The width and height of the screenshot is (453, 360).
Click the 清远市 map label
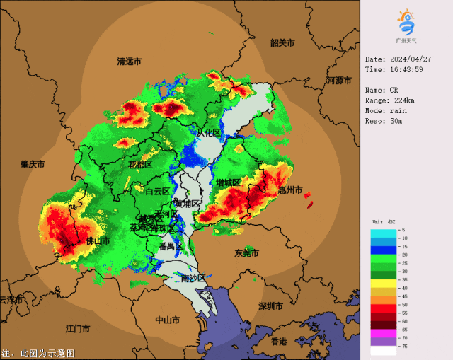point(130,62)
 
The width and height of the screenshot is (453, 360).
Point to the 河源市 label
point(339,81)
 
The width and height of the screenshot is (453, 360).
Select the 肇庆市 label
point(33,164)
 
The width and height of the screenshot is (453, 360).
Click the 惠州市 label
point(290,190)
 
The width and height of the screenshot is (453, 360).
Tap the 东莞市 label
point(246,252)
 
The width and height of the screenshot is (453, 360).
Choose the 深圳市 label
point(270,306)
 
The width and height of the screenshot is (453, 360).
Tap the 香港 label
point(279,342)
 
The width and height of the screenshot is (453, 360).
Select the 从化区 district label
point(209,133)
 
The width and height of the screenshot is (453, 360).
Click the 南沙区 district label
point(193,278)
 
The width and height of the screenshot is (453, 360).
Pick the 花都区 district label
point(140,165)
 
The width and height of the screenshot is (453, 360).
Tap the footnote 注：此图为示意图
point(38,353)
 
